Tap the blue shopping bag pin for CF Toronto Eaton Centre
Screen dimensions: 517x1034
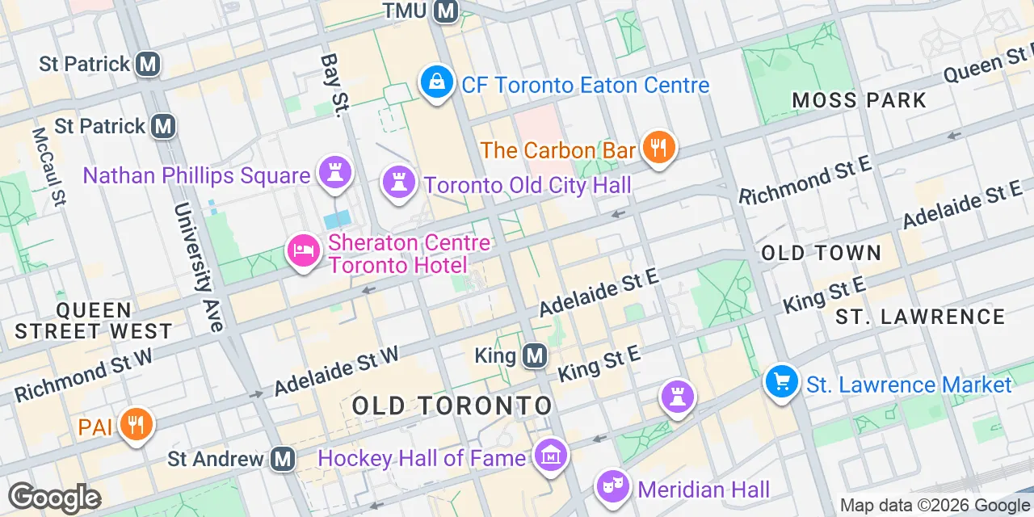[436, 82]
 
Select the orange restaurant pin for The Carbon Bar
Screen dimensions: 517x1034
[659, 148]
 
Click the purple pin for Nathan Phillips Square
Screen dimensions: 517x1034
[333, 173]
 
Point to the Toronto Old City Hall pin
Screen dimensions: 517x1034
[397, 183]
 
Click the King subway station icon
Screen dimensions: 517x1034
[534, 355]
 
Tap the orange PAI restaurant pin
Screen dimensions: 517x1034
[136, 424]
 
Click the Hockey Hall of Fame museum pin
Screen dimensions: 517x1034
[552, 456]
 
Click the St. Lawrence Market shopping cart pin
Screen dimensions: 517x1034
[781, 381]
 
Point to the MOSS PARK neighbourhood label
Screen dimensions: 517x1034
[859, 100]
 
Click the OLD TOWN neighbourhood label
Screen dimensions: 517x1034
[821, 253]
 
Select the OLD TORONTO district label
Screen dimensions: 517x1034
[452, 406]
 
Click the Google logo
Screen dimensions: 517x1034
[55, 497]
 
